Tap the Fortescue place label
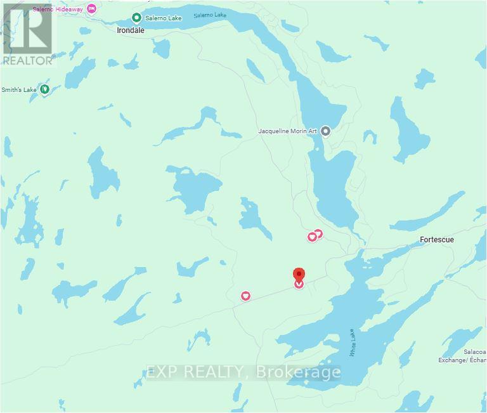[x=437, y=240]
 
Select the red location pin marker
[x=299, y=275]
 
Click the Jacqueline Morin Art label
[x=289, y=131]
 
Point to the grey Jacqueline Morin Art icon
[x=326, y=131]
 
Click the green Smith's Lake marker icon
[x=45, y=89]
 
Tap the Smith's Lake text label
[x=19, y=90]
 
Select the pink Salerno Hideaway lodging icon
[x=92, y=8]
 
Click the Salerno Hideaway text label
[x=63, y=8]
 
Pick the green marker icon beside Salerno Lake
[x=136, y=18]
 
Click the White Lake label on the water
[x=353, y=343]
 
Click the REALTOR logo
[x=28, y=34]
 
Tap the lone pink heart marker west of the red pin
[x=245, y=296]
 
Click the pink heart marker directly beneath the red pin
[x=299, y=285]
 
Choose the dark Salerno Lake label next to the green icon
[x=164, y=18]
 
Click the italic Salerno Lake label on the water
[x=210, y=15]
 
